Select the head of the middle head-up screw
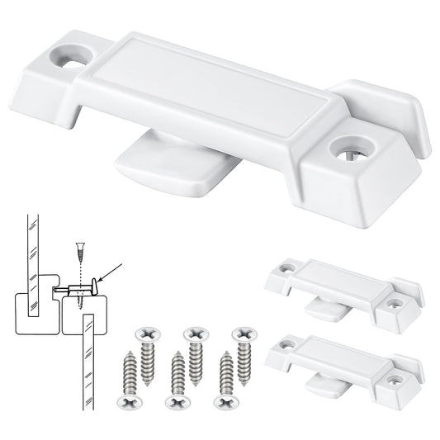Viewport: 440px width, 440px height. [194, 334]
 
